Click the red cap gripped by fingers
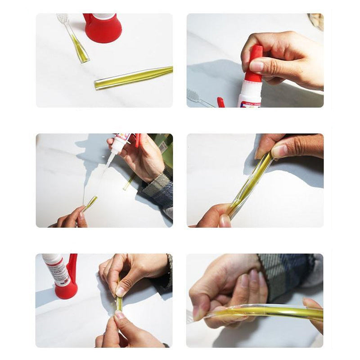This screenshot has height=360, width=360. point(256,63)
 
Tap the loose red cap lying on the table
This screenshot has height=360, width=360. point(220,103)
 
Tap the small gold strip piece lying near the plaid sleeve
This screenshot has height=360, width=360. point(129,182)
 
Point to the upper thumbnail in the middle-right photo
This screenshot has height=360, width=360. point(279,151)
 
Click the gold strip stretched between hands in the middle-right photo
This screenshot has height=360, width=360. point(252,184)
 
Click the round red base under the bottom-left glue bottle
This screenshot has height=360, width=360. point(67,290)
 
